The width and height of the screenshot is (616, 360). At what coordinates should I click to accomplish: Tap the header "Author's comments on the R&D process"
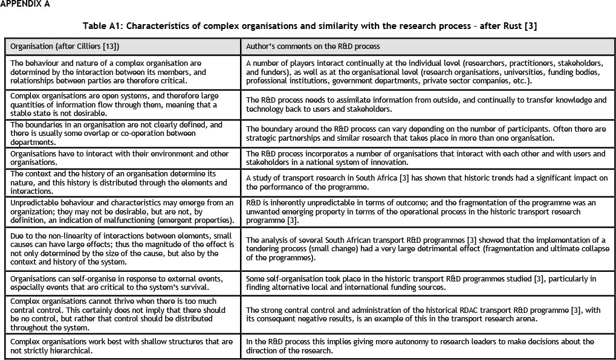[313, 46]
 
